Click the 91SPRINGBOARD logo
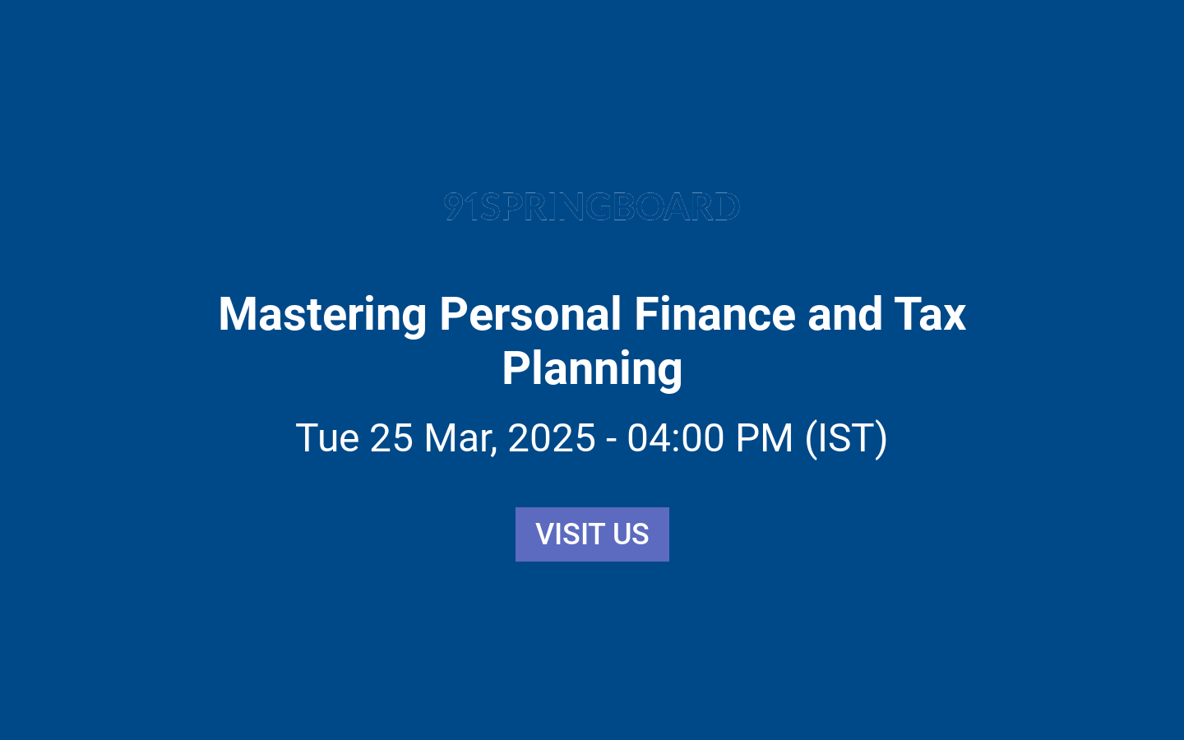pos(592,206)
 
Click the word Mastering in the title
pos(322,315)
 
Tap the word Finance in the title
pos(715,315)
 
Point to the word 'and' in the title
pos(844,315)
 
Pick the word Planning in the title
pos(592,368)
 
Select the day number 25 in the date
pos(391,437)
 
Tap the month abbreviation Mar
pos(460,437)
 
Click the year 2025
pos(552,437)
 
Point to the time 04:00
pos(675,437)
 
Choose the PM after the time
pos(764,437)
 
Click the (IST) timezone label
pos(846,437)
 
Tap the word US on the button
pos(631,534)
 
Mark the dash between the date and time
pos(611,439)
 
